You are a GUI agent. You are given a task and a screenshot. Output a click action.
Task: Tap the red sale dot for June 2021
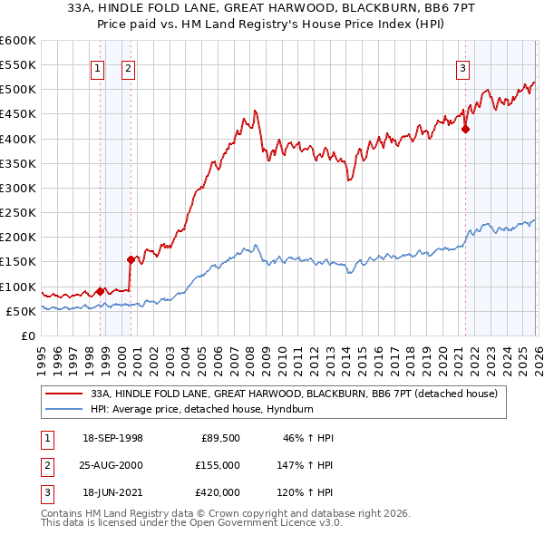(x=465, y=129)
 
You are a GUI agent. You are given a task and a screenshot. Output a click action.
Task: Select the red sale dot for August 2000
(x=131, y=259)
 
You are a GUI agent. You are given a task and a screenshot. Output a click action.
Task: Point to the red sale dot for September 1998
(x=100, y=291)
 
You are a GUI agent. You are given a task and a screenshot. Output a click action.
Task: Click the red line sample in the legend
(x=65, y=394)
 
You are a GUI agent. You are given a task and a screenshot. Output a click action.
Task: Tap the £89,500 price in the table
(x=220, y=438)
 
